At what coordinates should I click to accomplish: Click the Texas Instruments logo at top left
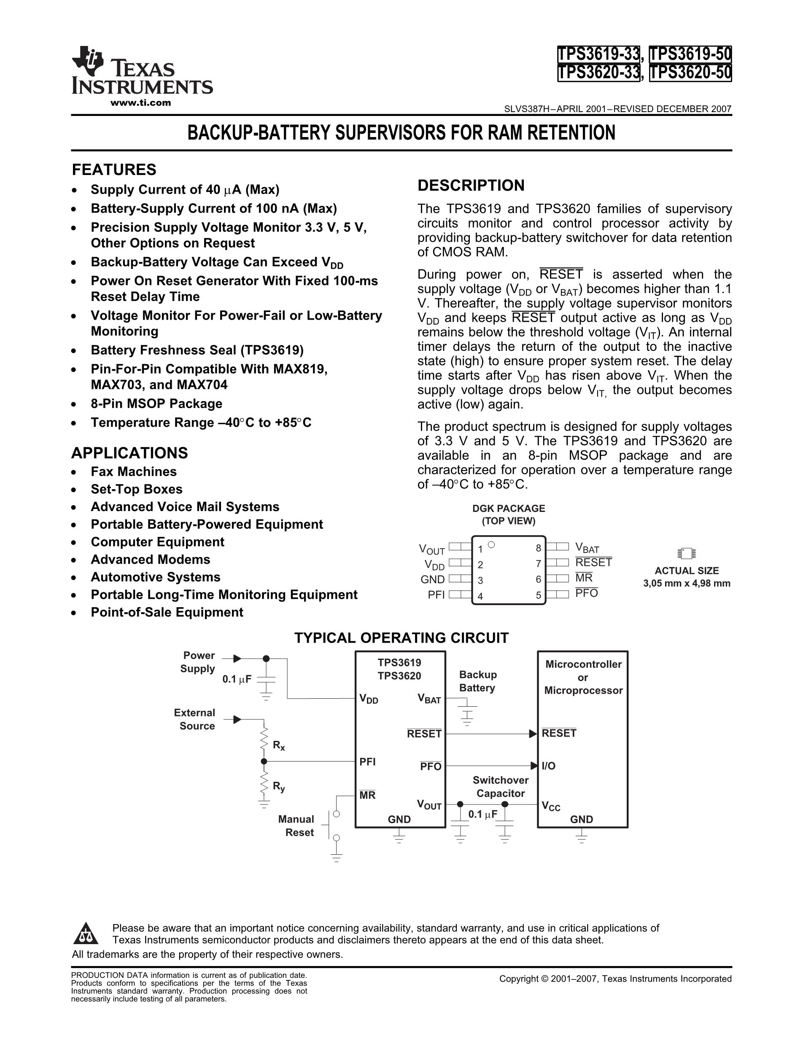tap(142, 71)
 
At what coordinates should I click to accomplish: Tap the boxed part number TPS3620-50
tap(690, 73)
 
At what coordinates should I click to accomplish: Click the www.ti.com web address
tap(140, 103)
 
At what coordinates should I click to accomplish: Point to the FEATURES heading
tap(114, 170)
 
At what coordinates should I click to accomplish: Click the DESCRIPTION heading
tap(471, 186)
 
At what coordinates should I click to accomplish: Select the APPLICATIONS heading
tap(129, 453)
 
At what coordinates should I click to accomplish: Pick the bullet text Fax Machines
tap(134, 471)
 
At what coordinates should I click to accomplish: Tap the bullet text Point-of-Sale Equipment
tap(167, 612)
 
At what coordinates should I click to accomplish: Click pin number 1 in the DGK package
tap(480, 549)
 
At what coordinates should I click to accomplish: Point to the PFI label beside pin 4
tap(436, 595)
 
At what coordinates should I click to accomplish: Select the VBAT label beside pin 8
tap(587, 548)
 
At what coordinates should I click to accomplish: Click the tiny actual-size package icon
tap(687, 553)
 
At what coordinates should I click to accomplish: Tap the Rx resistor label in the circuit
tap(279, 746)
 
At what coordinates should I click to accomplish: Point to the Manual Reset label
tap(296, 826)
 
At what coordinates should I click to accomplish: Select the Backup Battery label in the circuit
tap(477, 681)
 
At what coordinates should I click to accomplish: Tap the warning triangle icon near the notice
tap(86, 934)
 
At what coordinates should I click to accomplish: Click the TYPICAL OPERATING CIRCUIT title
tap(401, 638)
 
